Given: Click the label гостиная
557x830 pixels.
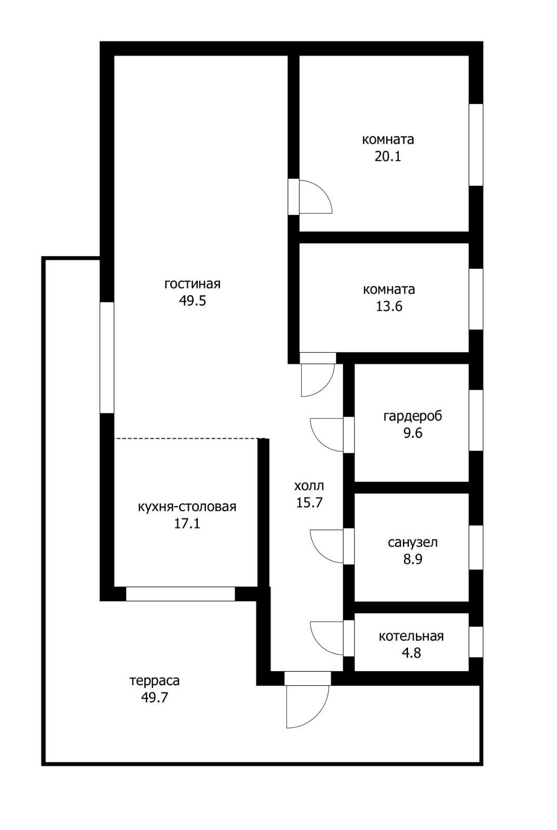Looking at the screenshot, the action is point(193,284).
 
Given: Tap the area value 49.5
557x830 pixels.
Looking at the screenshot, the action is point(193,300).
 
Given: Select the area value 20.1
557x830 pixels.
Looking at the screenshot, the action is point(388,156).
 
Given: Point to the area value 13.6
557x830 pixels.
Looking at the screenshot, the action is point(389,307).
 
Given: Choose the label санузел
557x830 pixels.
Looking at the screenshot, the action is point(413,543).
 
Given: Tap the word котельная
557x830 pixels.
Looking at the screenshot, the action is point(411,636).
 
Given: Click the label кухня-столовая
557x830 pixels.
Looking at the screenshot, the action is point(187,507).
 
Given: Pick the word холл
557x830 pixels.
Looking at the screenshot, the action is point(309,486).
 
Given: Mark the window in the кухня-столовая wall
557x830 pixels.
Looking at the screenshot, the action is point(180,593).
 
